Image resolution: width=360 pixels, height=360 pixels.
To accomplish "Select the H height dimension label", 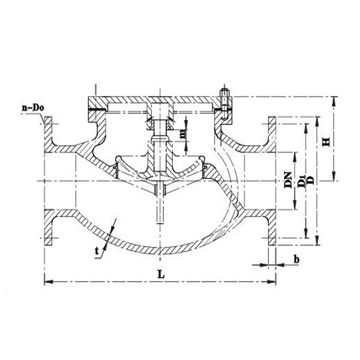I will [326, 141].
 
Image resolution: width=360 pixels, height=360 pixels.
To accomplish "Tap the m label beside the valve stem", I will [184, 131].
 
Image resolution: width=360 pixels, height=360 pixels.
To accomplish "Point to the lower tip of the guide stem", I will [160, 221].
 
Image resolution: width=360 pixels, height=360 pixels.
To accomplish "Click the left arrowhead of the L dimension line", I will [47, 280].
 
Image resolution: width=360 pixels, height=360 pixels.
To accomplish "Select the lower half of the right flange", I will [271, 228].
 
